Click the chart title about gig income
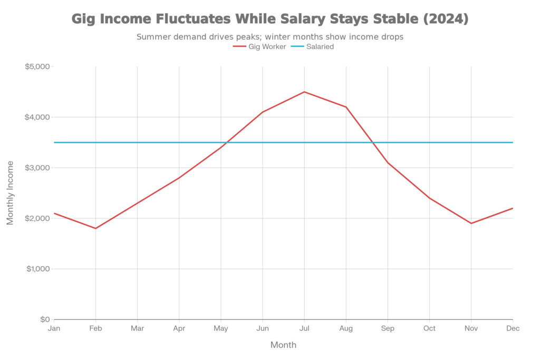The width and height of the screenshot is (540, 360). point(269,20)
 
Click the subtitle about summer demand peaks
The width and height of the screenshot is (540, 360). point(269,37)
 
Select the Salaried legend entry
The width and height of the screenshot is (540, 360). point(313,46)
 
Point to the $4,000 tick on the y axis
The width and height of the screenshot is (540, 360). point(38,117)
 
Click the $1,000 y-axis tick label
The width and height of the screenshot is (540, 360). point(38,269)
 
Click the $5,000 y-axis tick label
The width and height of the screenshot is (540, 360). point(38,67)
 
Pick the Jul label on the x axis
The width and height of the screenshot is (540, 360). point(304,328)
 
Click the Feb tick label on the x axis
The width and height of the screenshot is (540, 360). point(95,328)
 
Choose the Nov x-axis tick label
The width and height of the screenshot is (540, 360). point(471,328)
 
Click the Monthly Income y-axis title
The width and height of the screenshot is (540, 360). point(10,193)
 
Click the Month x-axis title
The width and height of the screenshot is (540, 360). point(283,345)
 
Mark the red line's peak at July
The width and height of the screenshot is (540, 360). point(304,92)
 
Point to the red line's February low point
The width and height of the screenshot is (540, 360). point(95,228)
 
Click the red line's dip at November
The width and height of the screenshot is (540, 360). point(471,223)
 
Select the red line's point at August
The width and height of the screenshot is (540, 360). point(346,107)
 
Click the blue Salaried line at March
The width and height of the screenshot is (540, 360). point(137,142)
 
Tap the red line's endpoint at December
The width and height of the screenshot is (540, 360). point(513,208)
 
